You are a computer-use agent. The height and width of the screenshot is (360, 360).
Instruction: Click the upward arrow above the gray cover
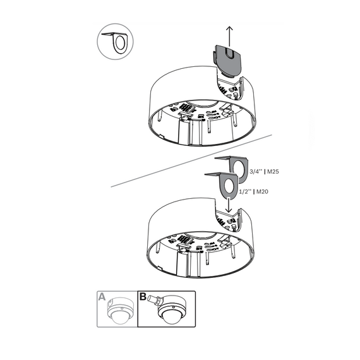[229, 36]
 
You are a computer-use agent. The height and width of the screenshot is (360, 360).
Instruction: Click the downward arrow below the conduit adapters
[229, 205]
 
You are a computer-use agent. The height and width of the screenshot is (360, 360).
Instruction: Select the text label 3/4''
[256, 172]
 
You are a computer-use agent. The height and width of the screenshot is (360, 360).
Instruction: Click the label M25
[273, 172]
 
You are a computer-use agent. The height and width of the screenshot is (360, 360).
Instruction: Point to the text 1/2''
[245, 191]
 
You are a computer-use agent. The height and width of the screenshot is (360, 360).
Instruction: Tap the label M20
[262, 191]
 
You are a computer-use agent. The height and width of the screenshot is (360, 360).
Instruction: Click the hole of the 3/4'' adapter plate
[241, 169]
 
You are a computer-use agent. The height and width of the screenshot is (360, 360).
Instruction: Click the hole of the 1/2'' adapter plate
[229, 185]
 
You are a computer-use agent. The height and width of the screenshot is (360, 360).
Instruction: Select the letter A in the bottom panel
[102, 296]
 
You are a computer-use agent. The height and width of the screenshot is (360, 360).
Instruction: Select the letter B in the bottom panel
[143, 296]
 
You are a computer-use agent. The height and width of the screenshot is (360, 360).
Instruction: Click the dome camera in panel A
[120, 311]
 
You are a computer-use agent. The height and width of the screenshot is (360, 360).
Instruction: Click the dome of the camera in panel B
[171, 318]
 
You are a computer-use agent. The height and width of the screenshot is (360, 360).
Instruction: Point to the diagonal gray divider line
[191, 161]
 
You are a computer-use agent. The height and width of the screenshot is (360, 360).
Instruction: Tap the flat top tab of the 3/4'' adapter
[222, 158]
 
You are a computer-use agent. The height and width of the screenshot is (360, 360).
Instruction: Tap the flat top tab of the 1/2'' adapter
[212, 174]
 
